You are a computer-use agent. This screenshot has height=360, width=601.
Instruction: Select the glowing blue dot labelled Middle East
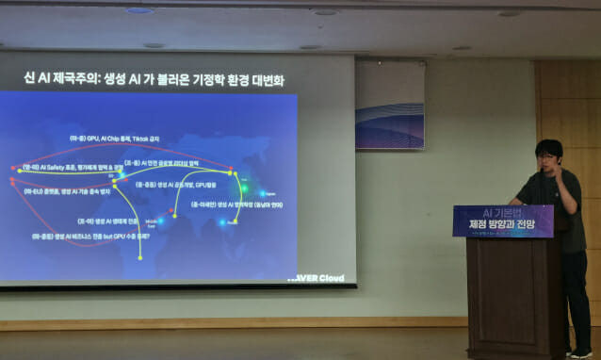[160, 221]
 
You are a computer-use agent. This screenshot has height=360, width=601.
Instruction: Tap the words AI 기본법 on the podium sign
[502, 213]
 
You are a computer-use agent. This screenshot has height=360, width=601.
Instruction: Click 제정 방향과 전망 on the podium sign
[502, 223]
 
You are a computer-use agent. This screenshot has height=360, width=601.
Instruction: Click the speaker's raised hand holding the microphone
[562, 172]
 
